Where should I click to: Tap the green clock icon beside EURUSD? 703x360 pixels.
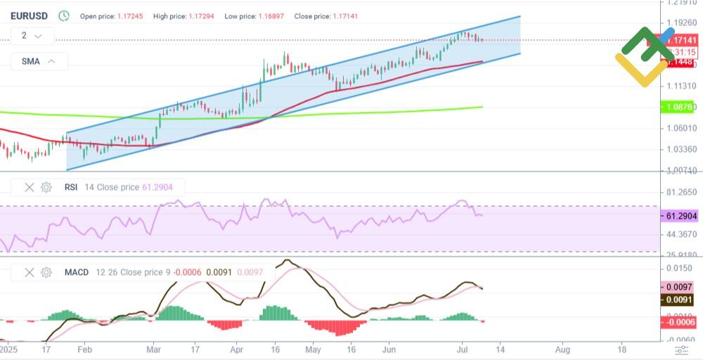click(64, 15)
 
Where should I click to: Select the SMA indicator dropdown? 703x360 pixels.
click(39, 61)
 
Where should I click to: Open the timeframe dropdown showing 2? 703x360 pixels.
click(32, 35)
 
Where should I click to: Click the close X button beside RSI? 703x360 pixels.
click(30, 187)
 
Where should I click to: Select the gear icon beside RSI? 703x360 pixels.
click(46, 187)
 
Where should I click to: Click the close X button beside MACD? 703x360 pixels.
click(30, 272)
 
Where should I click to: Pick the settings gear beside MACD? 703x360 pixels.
click(46, 272)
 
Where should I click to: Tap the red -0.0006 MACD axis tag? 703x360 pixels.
click(679, 321)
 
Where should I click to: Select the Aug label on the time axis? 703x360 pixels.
click(562, 349)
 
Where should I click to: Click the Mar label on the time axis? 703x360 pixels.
click(154, 349)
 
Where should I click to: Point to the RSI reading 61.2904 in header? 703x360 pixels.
click(162, 187)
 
